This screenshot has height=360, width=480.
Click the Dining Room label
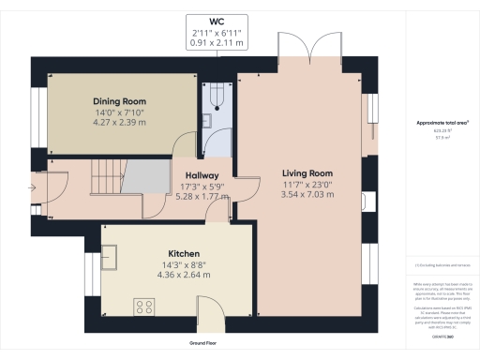point(117,101)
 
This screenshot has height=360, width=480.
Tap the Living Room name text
point(308,173)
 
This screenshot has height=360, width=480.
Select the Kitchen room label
point(182,254)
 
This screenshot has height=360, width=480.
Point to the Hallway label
point(202,175)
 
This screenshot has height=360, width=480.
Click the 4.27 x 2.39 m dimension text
point(117,122)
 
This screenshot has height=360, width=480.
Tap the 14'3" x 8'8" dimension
point(182,265)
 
